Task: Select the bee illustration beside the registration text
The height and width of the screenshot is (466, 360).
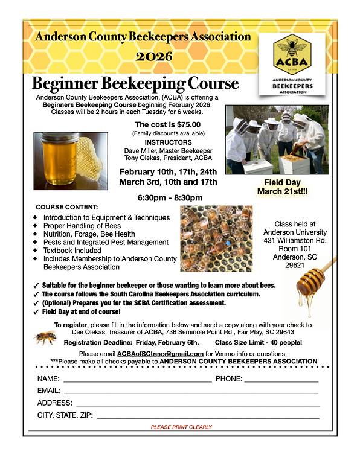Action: click(x=45, y=337)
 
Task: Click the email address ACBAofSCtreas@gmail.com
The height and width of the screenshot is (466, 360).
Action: click(x=169, y=353)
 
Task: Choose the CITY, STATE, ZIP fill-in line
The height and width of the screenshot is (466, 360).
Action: click(x=208, y=417)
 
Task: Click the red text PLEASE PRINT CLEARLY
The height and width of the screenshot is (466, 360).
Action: click(x=181, y=427)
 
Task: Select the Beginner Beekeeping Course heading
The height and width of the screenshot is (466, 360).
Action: click(x=135, y=83)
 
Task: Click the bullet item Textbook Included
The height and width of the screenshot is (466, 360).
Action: click(x=77, y=251)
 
